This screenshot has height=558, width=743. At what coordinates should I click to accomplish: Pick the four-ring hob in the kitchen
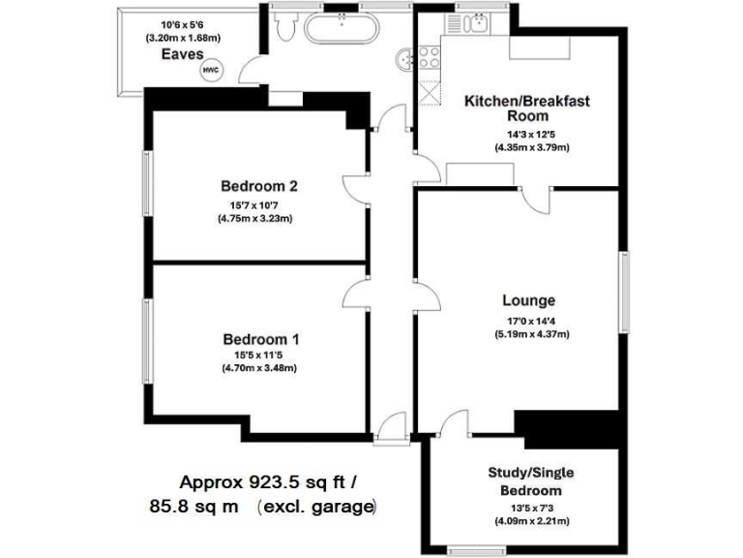click(x=429, y=55)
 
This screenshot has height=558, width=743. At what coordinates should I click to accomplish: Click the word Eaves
click(x=181, y=56)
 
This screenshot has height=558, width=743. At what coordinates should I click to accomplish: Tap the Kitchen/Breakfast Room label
click(x=527, y=108)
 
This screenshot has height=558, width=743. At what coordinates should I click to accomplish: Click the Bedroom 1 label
click(x=260, y=339)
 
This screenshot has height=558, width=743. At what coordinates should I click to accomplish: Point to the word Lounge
click(x=528, y=300)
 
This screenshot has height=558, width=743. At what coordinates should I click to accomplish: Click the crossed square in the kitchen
click(x=429, y=93)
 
